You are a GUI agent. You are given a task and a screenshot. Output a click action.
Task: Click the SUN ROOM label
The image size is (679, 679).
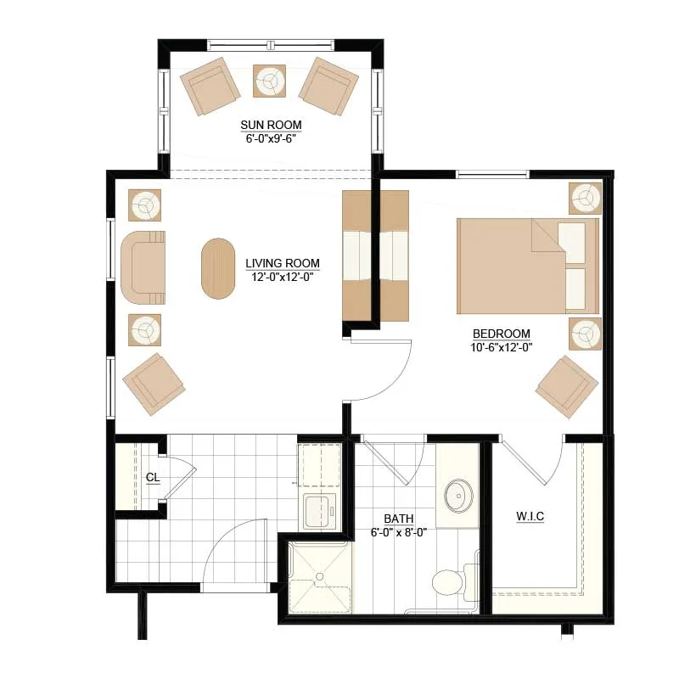271,125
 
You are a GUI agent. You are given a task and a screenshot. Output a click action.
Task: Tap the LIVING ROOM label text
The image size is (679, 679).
283,263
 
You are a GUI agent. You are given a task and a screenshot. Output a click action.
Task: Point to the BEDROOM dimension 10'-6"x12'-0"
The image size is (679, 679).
502,347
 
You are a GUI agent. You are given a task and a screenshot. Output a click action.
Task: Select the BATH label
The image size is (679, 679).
398,519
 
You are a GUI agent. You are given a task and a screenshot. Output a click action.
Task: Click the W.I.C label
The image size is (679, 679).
530,516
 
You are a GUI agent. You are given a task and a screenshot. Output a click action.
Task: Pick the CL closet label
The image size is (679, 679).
153,477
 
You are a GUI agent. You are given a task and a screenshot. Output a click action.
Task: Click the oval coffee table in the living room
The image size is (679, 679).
218,268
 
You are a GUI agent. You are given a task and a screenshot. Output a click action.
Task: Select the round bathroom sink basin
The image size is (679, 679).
458,496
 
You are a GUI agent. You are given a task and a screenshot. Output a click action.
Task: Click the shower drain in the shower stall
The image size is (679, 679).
320,576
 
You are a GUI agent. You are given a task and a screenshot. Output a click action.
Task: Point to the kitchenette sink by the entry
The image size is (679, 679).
320,511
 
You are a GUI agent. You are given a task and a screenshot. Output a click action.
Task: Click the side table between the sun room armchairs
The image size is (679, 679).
269,81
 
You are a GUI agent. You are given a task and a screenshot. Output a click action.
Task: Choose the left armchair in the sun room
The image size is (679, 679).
210,87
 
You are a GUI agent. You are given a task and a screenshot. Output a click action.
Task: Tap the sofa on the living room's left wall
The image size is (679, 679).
143,267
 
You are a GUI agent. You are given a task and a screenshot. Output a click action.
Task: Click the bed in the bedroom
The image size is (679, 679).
528,266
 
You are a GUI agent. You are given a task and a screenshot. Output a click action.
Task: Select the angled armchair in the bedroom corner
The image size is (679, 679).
567,387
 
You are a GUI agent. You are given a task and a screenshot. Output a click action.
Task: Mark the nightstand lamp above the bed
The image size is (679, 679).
585,199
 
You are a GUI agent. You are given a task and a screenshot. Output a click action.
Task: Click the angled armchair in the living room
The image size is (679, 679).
154,384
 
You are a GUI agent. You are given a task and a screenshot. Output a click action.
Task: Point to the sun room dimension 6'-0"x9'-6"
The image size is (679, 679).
271,138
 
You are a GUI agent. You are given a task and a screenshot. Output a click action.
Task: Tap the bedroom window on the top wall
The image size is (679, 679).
493,175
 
